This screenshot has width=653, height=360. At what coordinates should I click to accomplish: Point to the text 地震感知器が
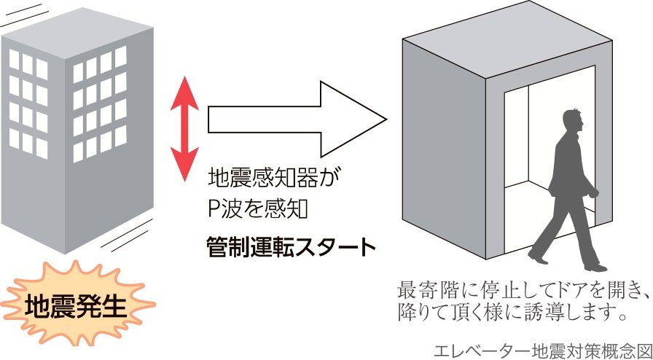pyautogui.click(x=275, y=178)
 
